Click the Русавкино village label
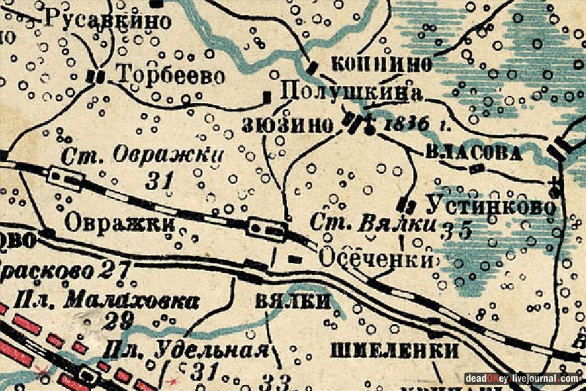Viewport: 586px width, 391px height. tap(107, 20)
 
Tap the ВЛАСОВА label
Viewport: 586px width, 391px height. tap(475, 154)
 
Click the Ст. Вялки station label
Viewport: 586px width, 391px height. tap(372, 224)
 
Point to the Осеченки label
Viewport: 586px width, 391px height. tap(376, 259)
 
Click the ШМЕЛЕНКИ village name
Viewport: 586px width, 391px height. tap(395, 351)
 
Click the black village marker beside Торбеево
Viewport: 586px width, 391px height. tap(97, 76)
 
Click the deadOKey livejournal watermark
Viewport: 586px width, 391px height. tap(522, 379)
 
